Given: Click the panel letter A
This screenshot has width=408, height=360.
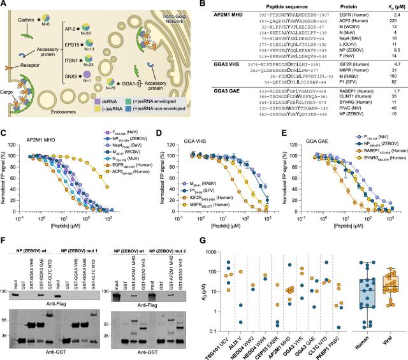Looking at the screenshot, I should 4,4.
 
